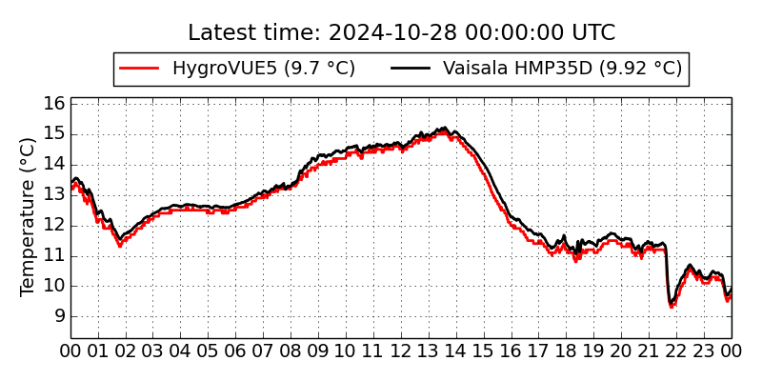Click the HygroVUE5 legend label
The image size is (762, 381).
[x=263, y=69]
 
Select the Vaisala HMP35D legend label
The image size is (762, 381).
[x=562, y=69]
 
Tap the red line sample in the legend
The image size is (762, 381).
[x=139, y=69]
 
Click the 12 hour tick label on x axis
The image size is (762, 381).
[x=401, y=351]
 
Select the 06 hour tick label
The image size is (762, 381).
[x=236, y=351]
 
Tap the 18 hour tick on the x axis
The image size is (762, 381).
[x=567, y=351]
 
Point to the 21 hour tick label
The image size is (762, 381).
[x=650, y=351]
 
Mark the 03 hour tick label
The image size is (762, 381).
[x=153, y=351]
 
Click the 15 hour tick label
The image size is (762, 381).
[x=484, y=351]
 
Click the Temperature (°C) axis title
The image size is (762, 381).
[x=29, y=217]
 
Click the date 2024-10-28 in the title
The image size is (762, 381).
[x=381, y=33]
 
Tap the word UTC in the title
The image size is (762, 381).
[x=593, y=33]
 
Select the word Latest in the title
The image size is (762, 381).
[x=221, y=33]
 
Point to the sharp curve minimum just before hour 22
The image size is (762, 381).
[x=672, y=305]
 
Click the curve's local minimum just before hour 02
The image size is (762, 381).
[x=119, y=245]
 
